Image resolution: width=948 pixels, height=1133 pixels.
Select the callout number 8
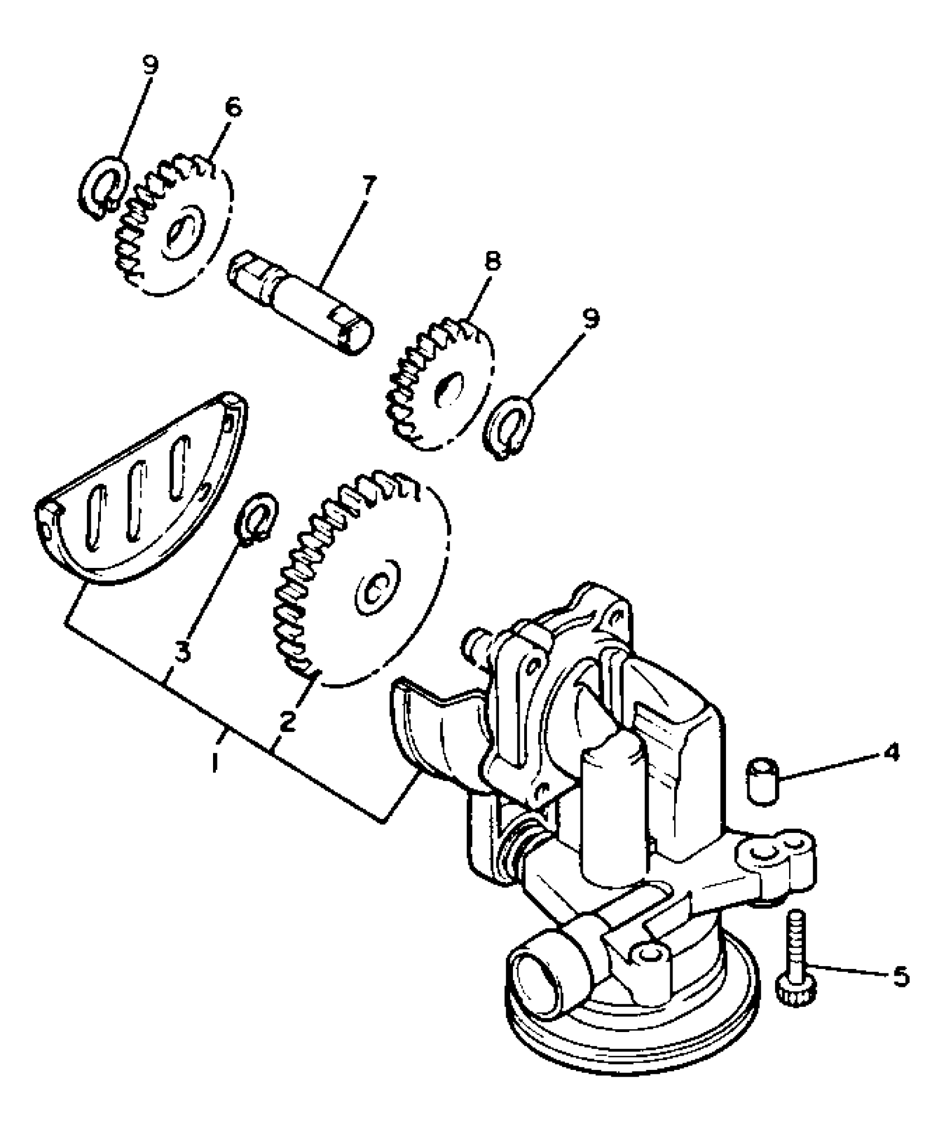492,261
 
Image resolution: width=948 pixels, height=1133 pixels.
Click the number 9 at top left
149,64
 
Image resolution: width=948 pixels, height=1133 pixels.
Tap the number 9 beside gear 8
591,319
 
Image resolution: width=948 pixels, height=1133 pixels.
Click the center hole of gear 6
177,234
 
